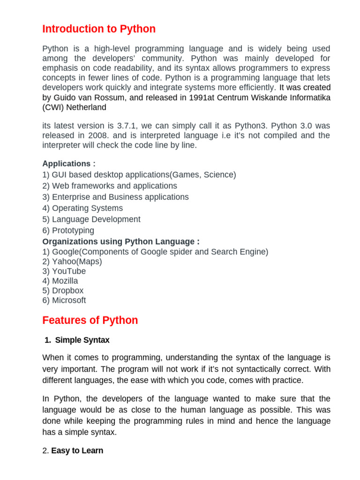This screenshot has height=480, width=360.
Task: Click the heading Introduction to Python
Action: pyautogui.click(x=99, y=29)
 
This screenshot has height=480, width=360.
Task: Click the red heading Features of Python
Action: pyautogui.click(x=90, y=321)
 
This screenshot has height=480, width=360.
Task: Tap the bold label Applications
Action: pyautogui.click(x=68, y=164)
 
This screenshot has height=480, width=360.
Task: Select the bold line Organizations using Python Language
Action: pyautogui.click(x=121, y=241)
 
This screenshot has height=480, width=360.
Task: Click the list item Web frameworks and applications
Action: pyautogui.click(x=110, y=186)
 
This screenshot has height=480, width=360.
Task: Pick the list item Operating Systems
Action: pyautogui.click(x=82, y=208)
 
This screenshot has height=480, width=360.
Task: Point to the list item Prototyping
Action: pyautogui.click(x=68, y=231)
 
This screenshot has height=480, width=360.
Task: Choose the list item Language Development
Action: pyautogui.click(x=91, y=219)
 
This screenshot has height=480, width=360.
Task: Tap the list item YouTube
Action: pyautogui.click(x=64, y=271)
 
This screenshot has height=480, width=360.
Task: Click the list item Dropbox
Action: pyautogui.click(x=63, y=291)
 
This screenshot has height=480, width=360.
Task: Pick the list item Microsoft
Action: pyautogui.click(x=64, y=300)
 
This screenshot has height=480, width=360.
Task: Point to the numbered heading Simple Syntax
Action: pyautogui.click(x=82, y=340)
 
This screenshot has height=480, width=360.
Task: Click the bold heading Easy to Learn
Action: pyautogui.click(x=77, y=451)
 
